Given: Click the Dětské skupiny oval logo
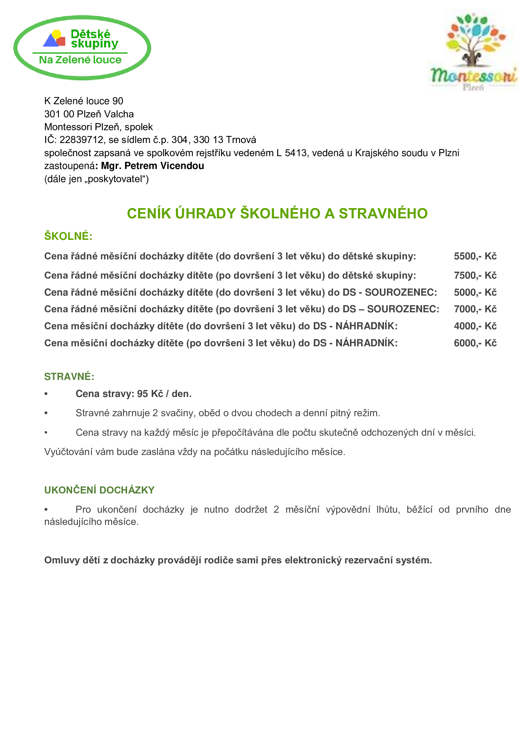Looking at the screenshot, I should pos(82,47).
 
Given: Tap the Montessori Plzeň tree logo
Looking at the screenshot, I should pos(473,51).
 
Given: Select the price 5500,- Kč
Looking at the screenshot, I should pos(475,256).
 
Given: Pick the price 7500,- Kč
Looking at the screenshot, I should pos(475,275).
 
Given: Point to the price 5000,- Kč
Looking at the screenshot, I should pos(475,292).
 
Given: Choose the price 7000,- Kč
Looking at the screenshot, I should pos(475,309).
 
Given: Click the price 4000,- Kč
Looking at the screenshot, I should pos(475,326).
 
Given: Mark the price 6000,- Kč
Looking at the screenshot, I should pos(475,343).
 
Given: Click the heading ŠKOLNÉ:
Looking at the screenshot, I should pos(68,236).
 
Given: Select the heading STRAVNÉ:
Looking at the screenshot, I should pos(69,377).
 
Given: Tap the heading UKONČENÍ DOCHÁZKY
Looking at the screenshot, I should pos(99,490).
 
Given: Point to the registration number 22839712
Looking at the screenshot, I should pos(81,140).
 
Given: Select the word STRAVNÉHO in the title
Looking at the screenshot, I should pos(383,214).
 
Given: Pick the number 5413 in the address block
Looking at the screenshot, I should pos(296,153).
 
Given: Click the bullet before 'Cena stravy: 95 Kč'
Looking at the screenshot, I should pos(46,394).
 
